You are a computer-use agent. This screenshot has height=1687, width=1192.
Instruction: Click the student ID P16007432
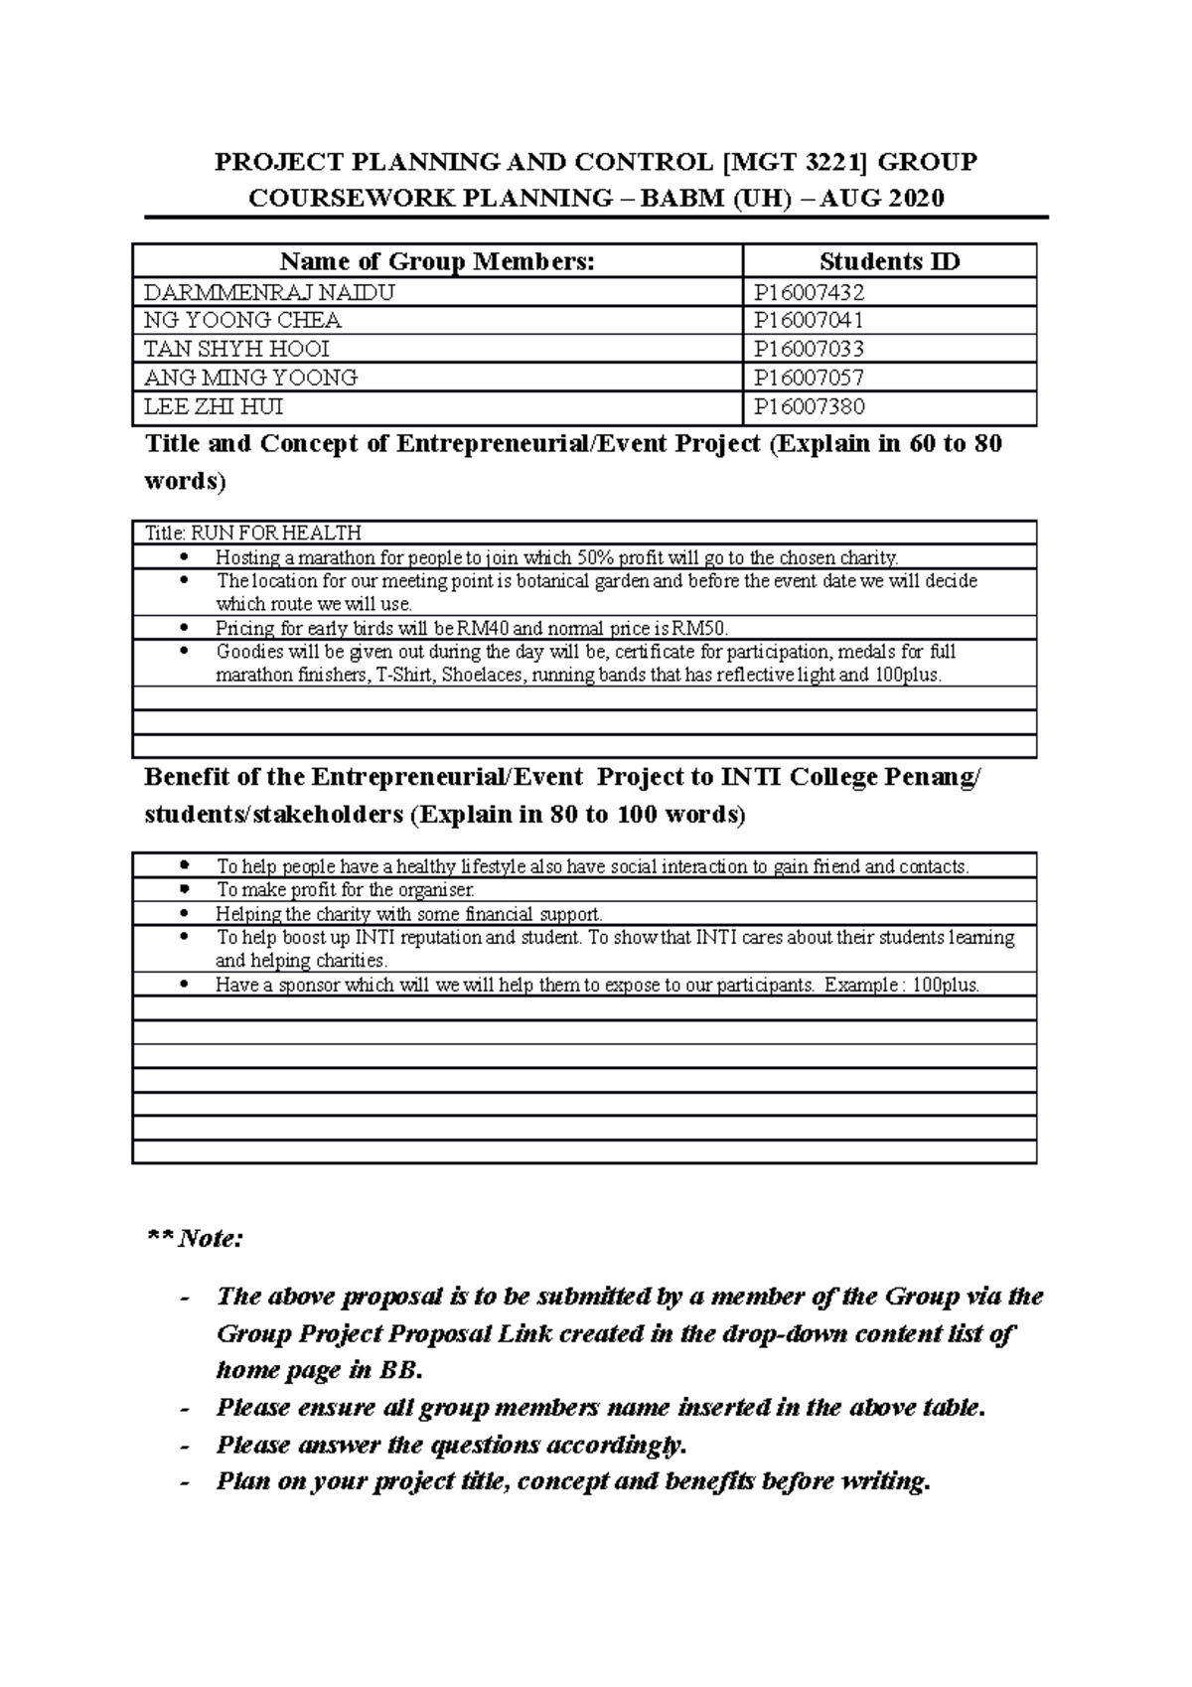click(x=809, y=292)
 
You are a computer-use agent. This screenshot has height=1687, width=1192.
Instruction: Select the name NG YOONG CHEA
click(x=242, y=320)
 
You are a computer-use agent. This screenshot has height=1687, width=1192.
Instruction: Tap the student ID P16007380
click(x=809, y=406)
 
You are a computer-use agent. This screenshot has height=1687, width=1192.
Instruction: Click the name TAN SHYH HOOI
click(x=236, y=349)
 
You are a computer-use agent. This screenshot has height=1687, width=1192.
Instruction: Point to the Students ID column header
click(x=889, y=261)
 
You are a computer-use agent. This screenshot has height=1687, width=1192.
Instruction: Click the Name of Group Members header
click(x=437, y=261)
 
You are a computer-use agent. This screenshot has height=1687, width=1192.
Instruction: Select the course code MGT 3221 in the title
click(x=793, y=161)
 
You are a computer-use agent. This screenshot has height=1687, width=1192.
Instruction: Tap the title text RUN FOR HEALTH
click(x=276, y=534)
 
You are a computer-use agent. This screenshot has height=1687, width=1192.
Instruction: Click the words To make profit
click(x=272, y=890)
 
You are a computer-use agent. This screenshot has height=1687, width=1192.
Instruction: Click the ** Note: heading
click(x=195, y=1239)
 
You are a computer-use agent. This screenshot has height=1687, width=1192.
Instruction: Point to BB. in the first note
click(x=400, y=1371)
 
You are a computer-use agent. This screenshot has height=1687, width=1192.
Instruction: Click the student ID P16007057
click(x=809, y=378)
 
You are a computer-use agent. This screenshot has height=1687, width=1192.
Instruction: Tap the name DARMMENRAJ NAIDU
click(x=269, y=292)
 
